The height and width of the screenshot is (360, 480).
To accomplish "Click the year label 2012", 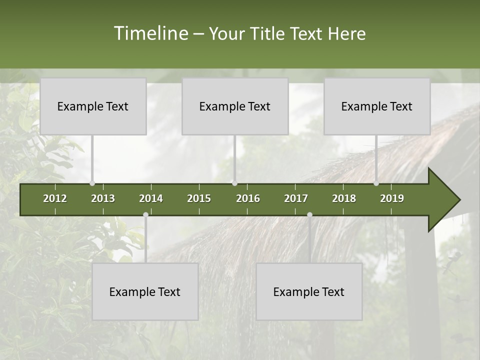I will coord(55,198).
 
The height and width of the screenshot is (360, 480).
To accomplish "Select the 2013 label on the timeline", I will coord(103,198).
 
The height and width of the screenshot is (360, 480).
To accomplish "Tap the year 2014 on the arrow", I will coord(151,198).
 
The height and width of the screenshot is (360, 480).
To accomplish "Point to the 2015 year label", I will coord(199,198).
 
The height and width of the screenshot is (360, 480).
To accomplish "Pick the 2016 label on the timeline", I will coord(248,198).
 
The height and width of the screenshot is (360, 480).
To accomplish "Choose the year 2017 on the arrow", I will coord(296,198).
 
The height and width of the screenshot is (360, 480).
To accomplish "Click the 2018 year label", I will coord(344,198).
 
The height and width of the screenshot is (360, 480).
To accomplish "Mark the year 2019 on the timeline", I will coord(392,198).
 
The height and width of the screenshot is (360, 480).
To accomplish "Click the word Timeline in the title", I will coord(150,33).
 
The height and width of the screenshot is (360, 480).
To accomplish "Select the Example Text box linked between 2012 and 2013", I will coord(93,106).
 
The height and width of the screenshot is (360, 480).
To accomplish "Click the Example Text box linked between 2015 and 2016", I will coord(235,106).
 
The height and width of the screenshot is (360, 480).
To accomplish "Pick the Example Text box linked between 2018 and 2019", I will coord(377,106).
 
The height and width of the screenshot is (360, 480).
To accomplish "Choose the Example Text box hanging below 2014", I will coord(145,291).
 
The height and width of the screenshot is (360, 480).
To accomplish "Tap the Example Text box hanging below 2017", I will coord(309,291).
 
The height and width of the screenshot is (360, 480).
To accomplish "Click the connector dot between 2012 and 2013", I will coord(92,183).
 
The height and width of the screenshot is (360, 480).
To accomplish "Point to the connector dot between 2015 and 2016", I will coord(234,183).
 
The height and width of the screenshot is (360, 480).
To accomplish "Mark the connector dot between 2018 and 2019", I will coord(376,183).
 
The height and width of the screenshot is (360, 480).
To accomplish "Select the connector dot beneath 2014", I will coord(145,215).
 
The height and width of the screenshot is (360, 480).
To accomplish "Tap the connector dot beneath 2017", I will coord(309,215).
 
